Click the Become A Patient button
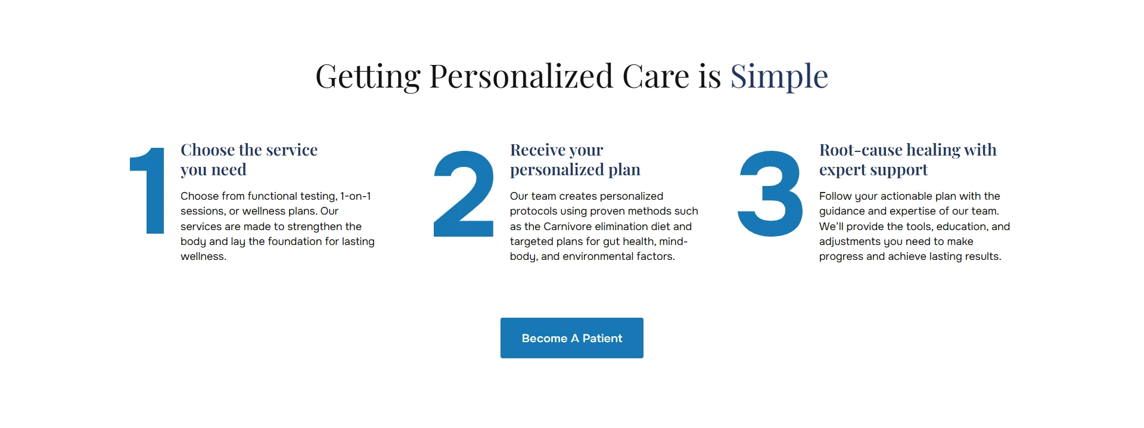pyautogui.click(x=572, y=338)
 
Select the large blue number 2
pyautogui.click(x=464, y=194)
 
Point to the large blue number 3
pyautogui.click(x=770, y=194)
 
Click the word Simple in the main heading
pyautogui.click(x=779, y=76)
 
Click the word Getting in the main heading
pyautogui.click(x=368, y=76)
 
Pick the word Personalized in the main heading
pyautogui.click(x=521, y=76)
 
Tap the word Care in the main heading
pyautogui.click(x=655, y=76)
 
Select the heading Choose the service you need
pyautogui.click(x=249, y=160)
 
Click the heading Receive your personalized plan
pyautogui.click(x=575, y=160)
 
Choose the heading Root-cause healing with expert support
pyautogui.click(x=907, y=160)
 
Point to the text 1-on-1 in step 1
pyautogui.click(x=356, y=196)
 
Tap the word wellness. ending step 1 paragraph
pyautogui.click(x=203, y=256)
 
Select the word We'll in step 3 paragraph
pyautogui.click(x=831, y=227)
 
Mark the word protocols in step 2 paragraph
pyautogui.click(x=533, y=212)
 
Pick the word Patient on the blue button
pyautogui.click(x=602, y=339)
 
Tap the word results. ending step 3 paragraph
pyautogui.click(x=983, y=256)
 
